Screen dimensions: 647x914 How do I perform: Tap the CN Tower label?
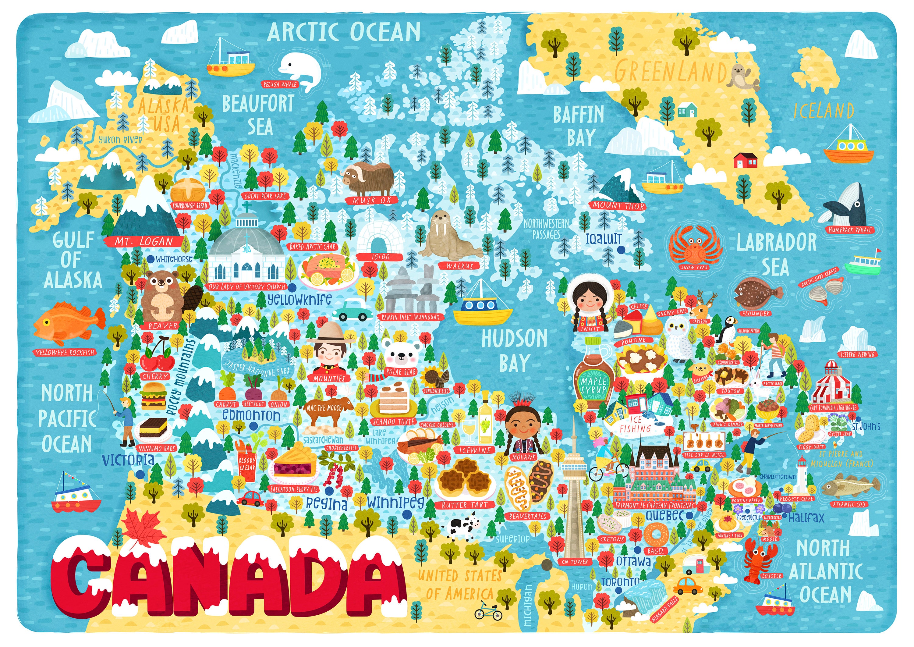click(x=574, y=562)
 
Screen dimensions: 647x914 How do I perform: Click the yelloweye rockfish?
click(x=68, y=323)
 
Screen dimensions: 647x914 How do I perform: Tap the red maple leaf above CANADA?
click(x=143, y=526)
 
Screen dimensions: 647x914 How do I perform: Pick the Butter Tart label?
click(x=464, y=505)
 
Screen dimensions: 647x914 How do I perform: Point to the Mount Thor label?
click(x=618, y=206)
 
